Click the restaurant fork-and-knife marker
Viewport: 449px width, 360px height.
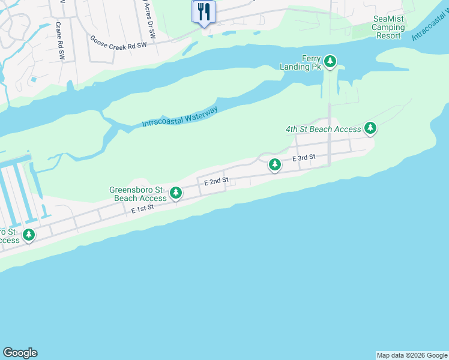click(x=203, y=11)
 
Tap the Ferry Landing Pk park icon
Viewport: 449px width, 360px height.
click(x=330, y=61)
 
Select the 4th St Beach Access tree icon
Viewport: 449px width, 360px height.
click(x=370, y=128)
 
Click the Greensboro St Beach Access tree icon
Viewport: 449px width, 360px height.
click(x=176, y=193)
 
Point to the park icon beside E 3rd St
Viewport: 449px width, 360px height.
click(x=275, y=164)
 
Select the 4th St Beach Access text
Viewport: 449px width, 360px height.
click(x=324, y=129)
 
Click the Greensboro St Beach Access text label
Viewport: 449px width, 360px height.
click(x=137, y=194)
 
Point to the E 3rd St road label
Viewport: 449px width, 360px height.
click(x=304, y=158)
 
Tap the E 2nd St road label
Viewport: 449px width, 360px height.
click(x=216, y=181)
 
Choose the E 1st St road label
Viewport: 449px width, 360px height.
click(x=143, y=208)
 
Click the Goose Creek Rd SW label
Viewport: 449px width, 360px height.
click(x=118, y=41)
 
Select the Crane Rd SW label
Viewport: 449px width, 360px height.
click(x=60, y=41)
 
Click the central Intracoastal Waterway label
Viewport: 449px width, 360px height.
click(x=179, y=117)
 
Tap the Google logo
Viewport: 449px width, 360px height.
click(x=20, y=353)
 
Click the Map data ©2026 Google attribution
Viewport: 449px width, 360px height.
click(x=412, y=355)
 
